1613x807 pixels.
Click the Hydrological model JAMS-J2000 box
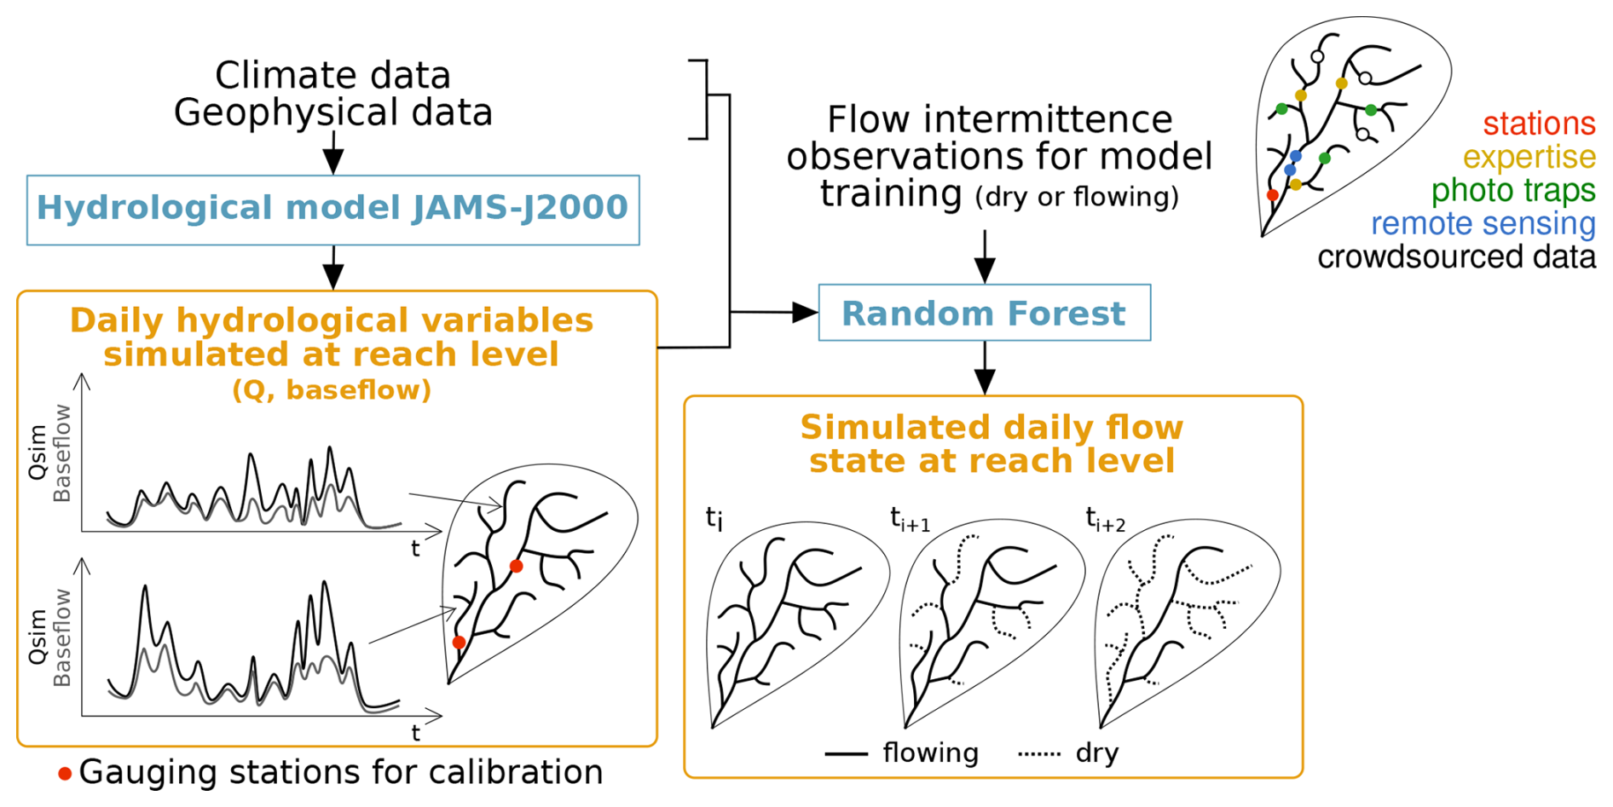[333, 210]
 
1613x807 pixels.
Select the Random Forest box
[985, 313]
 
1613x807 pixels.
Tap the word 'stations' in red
[1539, 124]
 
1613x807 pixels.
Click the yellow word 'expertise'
[1529, 158]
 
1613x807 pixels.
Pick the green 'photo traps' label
[1513, 191]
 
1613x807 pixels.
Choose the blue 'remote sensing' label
[1483, 224]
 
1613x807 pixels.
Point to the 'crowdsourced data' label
[1457, 257]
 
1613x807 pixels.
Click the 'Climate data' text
[332, 75]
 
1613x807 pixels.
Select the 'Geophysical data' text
[333, 112]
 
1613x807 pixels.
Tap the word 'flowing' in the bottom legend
[931, 753]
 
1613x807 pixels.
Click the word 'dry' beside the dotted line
[1097, 753]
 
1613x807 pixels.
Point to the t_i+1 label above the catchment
[910, 519]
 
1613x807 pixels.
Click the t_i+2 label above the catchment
[1106, 519]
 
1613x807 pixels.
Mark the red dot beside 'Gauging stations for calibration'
[65, 774]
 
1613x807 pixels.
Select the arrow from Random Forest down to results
[985, 368]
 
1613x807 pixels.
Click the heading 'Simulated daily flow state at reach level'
[992, 444]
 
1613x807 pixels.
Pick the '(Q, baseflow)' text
[332, 390]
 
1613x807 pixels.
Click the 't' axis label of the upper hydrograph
[415, 549]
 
